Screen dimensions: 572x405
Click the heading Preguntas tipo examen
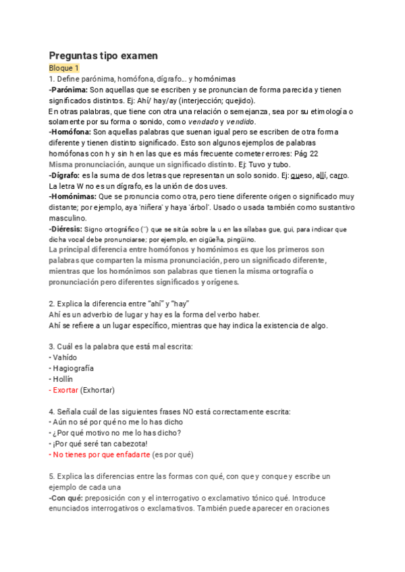[103, 56]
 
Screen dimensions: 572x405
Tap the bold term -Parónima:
[68, 90]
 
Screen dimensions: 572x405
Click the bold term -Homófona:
[70, 133]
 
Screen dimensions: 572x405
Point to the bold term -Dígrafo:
[67, 175]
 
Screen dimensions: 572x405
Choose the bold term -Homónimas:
[73, 197]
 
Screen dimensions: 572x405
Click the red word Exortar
[65, 390]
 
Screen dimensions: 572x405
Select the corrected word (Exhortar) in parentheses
[97, 390]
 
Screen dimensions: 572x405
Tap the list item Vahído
[65, 357]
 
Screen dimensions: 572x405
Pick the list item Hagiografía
[73, 368]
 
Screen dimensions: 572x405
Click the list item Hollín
[63, 379]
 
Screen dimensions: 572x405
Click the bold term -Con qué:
[67, 498]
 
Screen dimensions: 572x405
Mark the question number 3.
[52, 347]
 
